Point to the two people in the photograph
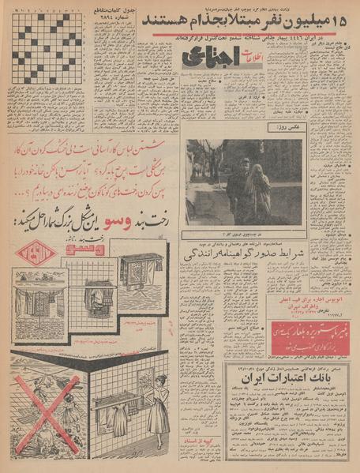248,190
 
